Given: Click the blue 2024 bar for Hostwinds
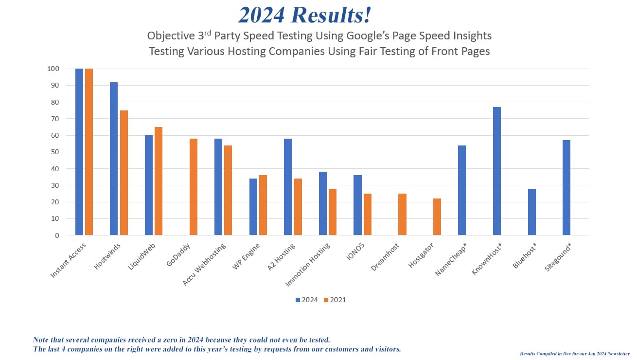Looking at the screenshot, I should (x=114, y=159).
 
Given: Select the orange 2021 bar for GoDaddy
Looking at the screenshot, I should (x=194, y=187).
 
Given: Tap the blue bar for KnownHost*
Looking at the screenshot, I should (x=497, y=171).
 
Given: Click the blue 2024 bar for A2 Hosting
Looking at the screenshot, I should (x=288, y=187).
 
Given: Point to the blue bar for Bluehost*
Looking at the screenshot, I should (x=532, y=212).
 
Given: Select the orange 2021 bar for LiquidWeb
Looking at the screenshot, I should (x=159, y=181).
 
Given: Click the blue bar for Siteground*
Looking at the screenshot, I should (x=566, y=188).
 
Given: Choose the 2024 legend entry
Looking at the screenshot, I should (x=307, y=300).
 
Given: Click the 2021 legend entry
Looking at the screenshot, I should (x=336, y=300).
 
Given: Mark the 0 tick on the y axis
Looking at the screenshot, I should (x=57, y=235).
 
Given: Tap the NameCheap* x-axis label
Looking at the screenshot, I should (x=450, y=261).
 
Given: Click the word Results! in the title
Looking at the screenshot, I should (x=333, y=15).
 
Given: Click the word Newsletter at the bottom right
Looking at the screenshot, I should (x=616, y=354).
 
